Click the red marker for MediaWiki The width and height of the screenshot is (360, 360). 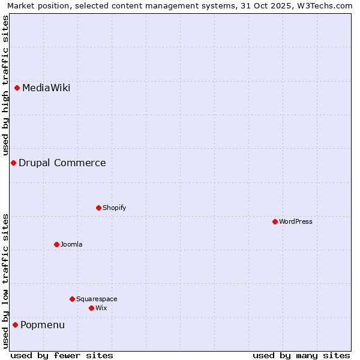17,88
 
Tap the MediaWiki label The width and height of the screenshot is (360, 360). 46,88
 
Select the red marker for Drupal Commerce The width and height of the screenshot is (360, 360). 13,163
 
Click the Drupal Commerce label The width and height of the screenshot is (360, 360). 62,163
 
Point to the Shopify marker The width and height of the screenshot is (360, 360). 98,208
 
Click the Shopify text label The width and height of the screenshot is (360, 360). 114,208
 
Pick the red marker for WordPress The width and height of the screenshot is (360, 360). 275,221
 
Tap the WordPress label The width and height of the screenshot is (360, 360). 295,221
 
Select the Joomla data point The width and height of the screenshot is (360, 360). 56,244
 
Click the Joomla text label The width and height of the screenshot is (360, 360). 71,244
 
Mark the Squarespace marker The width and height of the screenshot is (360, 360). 72,299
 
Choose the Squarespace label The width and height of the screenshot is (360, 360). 97,299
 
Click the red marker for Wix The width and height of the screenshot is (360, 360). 91,308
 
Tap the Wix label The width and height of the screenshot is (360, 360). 101,308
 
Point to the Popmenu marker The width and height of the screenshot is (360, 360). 15,325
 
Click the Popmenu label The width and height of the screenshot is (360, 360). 43,325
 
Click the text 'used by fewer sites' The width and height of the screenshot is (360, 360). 62,355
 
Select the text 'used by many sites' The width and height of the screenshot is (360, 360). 301,355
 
